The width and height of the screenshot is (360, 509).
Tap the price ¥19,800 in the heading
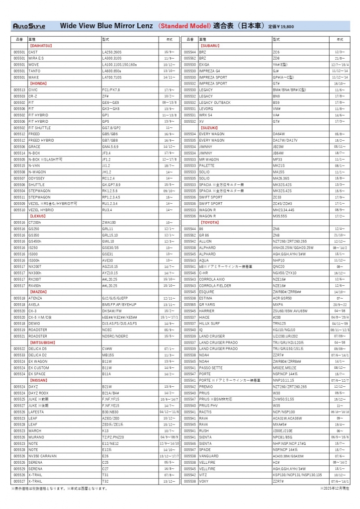281,26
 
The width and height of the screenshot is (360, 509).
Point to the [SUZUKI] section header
209,128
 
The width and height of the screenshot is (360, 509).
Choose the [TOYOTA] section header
209,222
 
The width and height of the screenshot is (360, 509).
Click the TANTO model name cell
35,71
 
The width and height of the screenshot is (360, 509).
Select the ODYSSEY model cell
37,178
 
